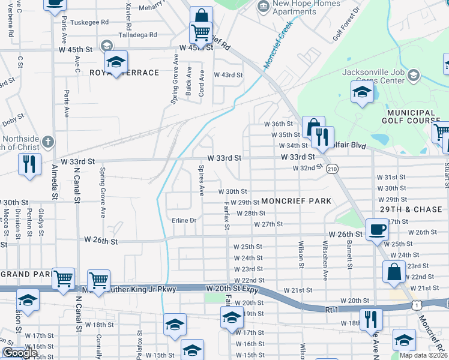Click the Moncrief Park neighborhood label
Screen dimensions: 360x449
(296, 202)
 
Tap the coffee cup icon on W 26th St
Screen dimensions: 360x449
(377, 229)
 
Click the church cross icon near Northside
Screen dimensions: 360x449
(49, 142)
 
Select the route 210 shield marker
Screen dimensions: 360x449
(332, 170)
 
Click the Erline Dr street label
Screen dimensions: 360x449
(184, 220)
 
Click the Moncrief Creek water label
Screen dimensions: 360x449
(278, 45)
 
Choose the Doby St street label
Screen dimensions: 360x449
(13, 121)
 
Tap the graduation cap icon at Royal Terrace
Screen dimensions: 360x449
(116, 61)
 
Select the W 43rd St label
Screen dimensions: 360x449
(228, 75)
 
